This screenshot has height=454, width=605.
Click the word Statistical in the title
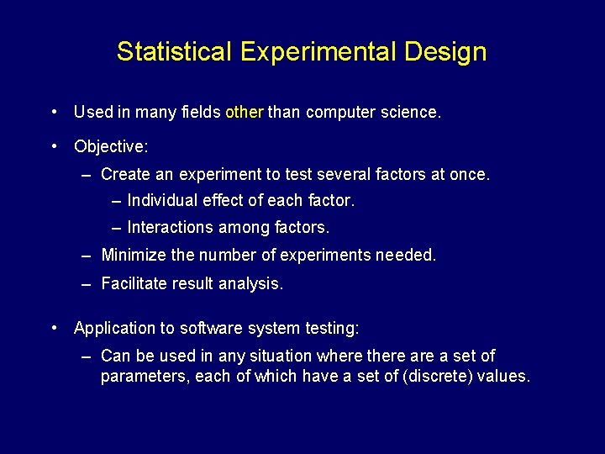click(173, 52)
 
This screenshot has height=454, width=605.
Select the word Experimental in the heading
click(319, 52)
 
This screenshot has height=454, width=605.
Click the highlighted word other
click(245, 112)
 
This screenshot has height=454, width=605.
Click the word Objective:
click(111, 147)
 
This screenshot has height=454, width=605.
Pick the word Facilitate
click(134, 284)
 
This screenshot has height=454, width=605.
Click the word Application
click(115, 328)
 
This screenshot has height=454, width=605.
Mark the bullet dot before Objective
click(54, 146)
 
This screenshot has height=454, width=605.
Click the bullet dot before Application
click(54, 328)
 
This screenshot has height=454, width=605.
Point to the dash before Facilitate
click(87, 284)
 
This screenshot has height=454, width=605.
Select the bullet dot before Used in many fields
click(54, 111)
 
